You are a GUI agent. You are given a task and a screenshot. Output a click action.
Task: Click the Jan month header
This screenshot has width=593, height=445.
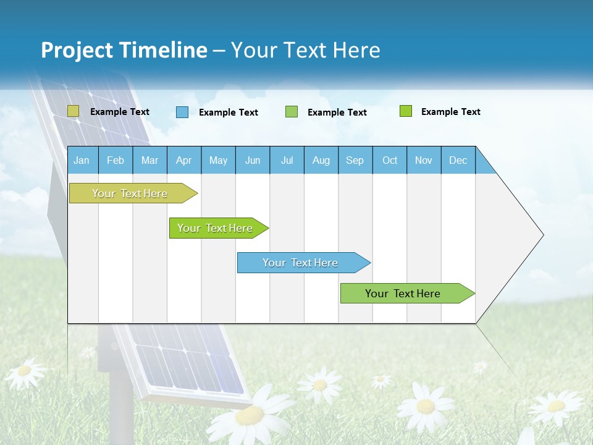point(82,160)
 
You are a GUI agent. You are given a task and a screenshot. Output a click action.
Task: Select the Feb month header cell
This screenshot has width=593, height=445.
point(116,160)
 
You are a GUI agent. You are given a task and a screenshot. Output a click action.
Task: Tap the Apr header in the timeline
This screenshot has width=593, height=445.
point(183,160)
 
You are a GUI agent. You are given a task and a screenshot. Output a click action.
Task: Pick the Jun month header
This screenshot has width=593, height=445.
point(253,160)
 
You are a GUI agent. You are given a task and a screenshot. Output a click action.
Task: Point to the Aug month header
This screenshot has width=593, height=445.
point(321,160)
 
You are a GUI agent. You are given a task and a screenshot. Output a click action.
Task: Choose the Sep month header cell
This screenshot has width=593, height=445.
point(355,160)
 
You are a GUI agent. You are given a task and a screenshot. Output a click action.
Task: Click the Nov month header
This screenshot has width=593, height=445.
point(423,160)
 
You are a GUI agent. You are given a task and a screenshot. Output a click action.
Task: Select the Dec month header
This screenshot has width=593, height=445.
point(458,160)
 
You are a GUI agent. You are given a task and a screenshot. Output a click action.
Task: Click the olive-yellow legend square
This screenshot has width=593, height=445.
point(73,111)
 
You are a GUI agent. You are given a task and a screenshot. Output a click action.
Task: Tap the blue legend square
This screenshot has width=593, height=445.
point(182,112)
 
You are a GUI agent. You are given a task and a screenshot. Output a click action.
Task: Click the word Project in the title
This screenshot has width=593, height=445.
point(77,50)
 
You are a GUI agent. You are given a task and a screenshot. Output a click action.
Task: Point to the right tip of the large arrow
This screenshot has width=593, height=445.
point(542,235)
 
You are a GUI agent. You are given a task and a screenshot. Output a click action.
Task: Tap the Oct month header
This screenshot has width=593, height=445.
point(390,160)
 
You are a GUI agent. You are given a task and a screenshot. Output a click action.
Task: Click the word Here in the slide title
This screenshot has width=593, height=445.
point(356,50)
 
